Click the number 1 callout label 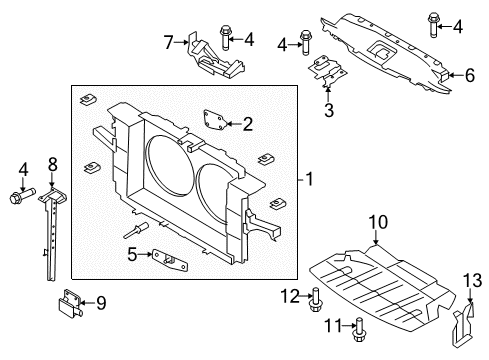(310, 180)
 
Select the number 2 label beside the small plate (248, 124)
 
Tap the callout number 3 (328, 111)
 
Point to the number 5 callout (133, 254)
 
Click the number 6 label (470, 73)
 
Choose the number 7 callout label (169, 41)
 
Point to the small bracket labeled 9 (69, 300)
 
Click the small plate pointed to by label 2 (214, 121)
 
